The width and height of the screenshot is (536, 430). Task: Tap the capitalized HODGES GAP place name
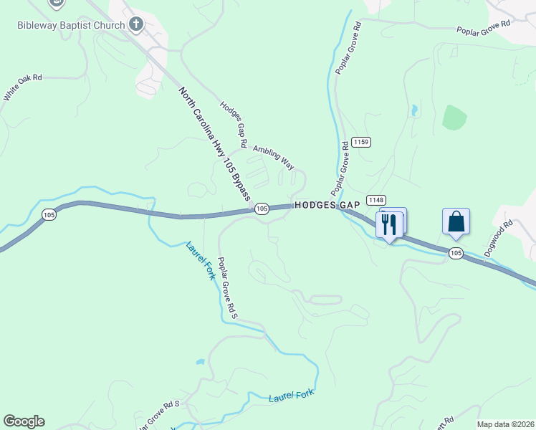327,205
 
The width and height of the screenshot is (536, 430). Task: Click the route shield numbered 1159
361,143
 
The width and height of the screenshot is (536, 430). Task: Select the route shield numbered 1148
375,199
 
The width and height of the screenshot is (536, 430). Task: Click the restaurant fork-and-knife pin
390,224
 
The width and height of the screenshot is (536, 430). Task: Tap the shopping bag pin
456,221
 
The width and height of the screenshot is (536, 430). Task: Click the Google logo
24,421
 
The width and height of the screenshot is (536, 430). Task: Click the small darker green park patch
454,118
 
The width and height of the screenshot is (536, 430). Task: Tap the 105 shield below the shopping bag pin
456,252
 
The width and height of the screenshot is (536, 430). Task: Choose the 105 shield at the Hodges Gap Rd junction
262,208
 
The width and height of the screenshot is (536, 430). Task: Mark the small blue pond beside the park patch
413,111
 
